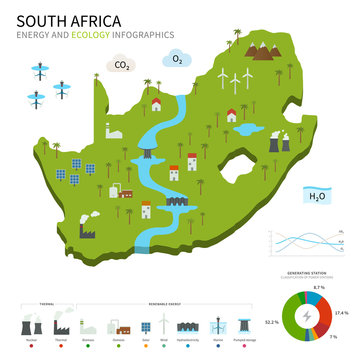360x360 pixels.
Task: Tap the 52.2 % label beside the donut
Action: [x=271, y=322]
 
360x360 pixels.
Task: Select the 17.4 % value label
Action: [x=342, y=313]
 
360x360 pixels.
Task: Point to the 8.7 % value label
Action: [x=319, y=288]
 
